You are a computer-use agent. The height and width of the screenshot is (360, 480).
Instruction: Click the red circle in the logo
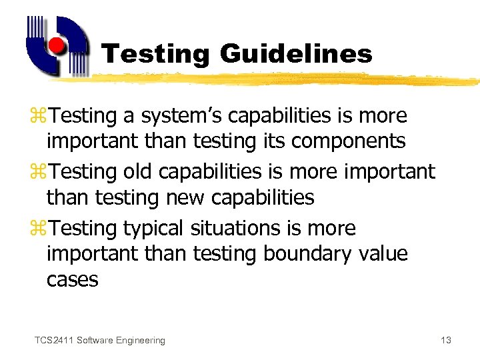coord(58,45)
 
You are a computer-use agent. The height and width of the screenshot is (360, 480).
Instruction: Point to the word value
coord(383,254)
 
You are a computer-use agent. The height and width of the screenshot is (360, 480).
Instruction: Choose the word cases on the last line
coord(72,279)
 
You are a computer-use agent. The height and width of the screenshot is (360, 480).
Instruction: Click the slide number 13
coord(446,341)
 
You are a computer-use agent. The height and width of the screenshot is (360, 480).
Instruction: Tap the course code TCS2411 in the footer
coord(53,341)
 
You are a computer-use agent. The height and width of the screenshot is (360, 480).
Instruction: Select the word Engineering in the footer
coord(140,341)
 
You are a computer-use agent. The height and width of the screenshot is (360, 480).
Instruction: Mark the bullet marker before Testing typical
coord(42,229)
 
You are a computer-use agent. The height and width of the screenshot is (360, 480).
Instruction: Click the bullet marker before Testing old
coord(42,172)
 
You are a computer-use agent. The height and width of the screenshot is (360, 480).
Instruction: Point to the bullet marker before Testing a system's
coord(42,116)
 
